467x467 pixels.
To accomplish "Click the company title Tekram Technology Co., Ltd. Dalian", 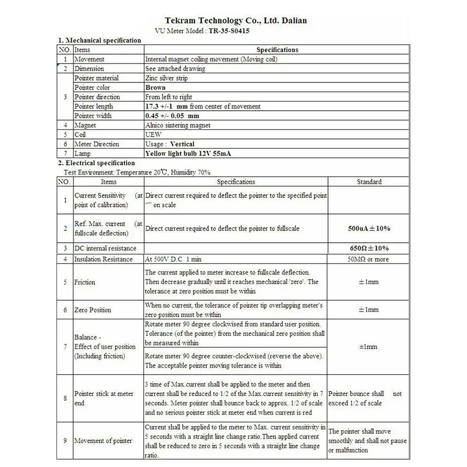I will tap(236, 21).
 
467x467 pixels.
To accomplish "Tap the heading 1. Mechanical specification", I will tap(99, 40).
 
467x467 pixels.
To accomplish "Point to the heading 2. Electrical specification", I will tap(96, 163).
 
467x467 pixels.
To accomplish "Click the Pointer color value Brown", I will tap(155, 87).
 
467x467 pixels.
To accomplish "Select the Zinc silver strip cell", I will tap(167, 78).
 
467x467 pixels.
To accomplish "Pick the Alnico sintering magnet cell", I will tap(178, 125).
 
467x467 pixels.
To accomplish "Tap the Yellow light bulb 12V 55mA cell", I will tap(188, 153).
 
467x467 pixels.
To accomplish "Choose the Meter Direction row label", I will tap(97, 144).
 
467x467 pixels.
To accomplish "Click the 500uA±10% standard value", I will tap(369, 229).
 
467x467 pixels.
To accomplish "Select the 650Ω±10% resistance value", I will tap(369, 248).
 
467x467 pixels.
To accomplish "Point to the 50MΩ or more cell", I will tap(369, 259).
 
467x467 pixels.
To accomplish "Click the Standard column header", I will tap(369, 182).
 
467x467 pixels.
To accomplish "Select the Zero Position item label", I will tap(93, 310).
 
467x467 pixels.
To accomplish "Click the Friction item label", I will tap(84, 282).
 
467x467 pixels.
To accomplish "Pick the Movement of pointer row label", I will tap(103, 441).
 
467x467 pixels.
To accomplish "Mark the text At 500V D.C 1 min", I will tap(174, 259).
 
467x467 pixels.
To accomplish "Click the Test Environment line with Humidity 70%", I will tap(137, 172).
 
